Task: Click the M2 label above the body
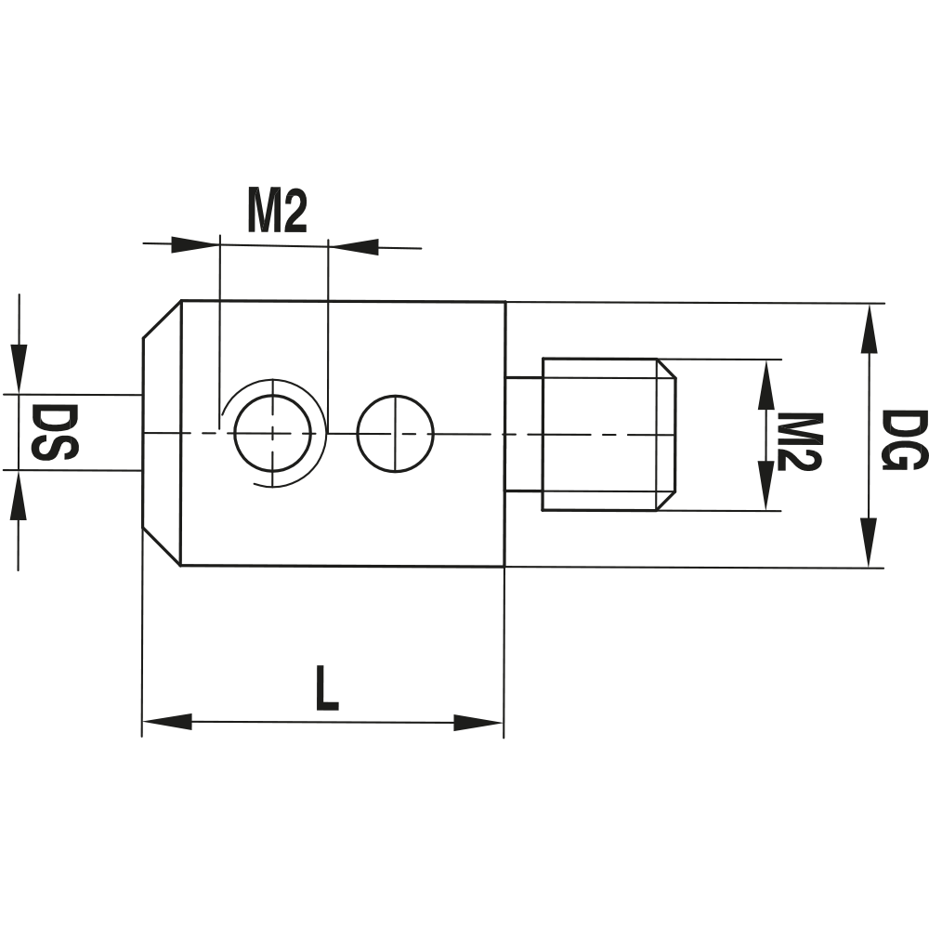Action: click(276, 213)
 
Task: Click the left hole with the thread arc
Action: click(272, 433)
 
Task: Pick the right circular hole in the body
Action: click(395, 434)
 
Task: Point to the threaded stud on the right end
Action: click(604, 434)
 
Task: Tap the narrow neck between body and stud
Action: click(524, 434)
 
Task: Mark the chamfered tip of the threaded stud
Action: click(667, 434)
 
